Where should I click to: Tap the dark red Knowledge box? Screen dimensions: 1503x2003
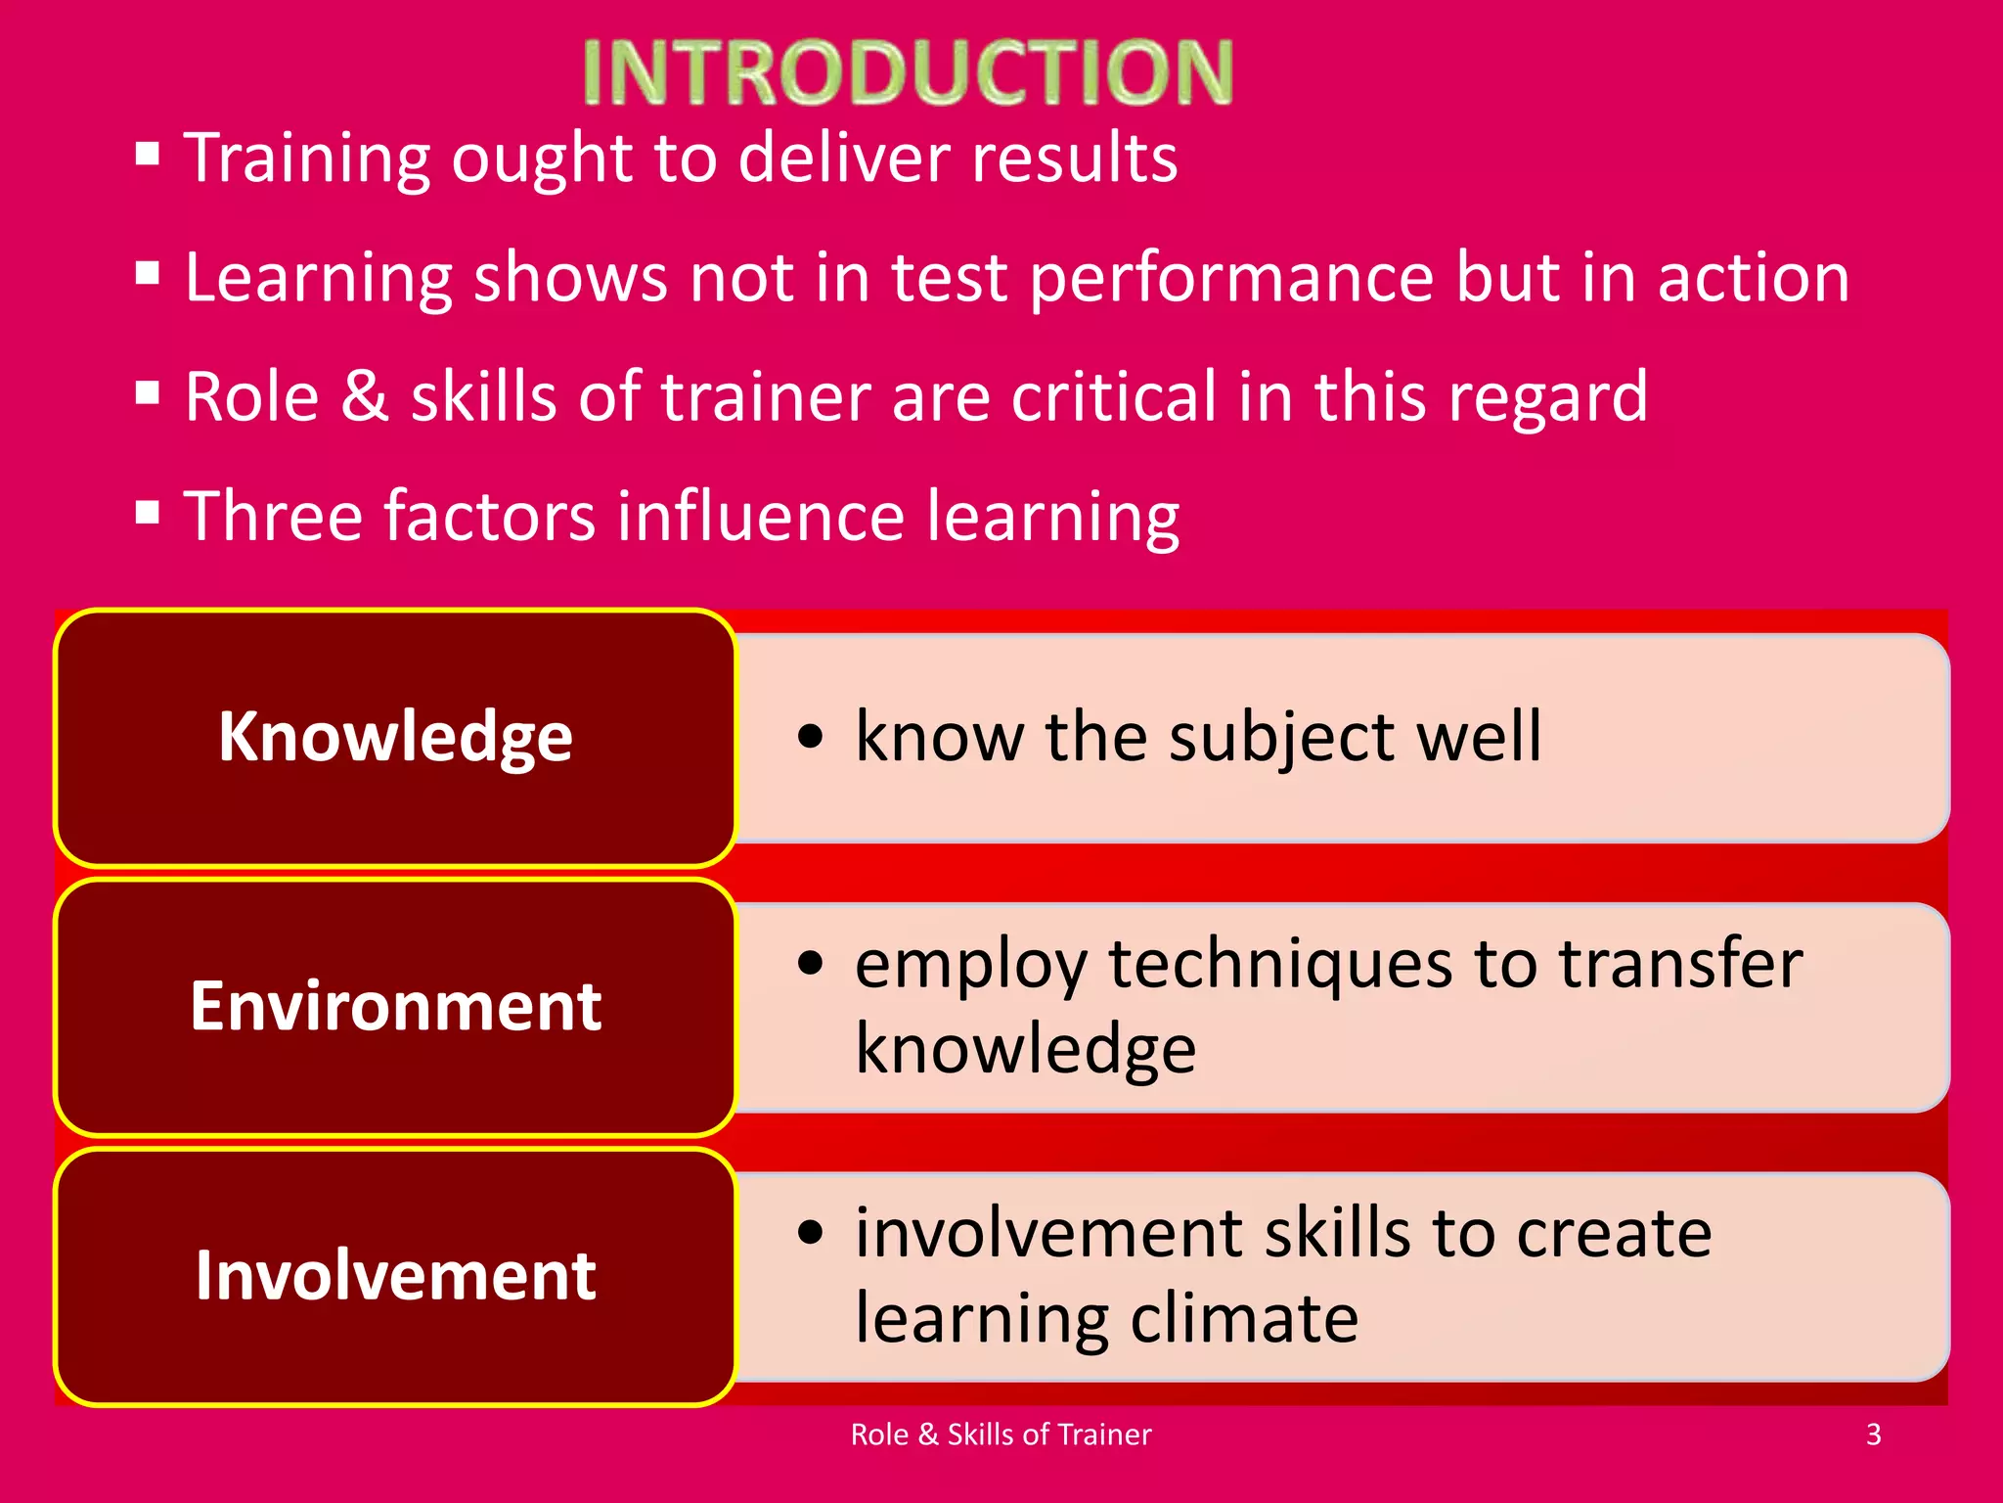click(x=395, y=737)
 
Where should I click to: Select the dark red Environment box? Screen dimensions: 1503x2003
click(x=395, y=1007)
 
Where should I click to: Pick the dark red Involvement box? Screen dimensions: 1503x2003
click(x=395, y=1276)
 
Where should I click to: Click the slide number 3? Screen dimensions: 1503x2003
click(x=1873, y=1435)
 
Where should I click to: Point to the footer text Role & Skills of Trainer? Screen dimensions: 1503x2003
click(x=1001, y=1435)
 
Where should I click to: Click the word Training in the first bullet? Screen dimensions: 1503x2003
click(x=306, y=159)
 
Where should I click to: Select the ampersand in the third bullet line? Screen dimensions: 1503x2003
click(x=365, y=397)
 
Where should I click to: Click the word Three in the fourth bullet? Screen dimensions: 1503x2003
click(x=272, y=517)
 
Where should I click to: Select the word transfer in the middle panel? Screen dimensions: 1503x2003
click(x=1680, y=964)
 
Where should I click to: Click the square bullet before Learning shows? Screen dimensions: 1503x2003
click(x=148, y=273)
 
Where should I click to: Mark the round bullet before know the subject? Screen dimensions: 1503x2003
click(x=811, y=737)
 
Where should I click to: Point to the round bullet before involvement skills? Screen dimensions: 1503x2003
click(x=811, y=1232)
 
